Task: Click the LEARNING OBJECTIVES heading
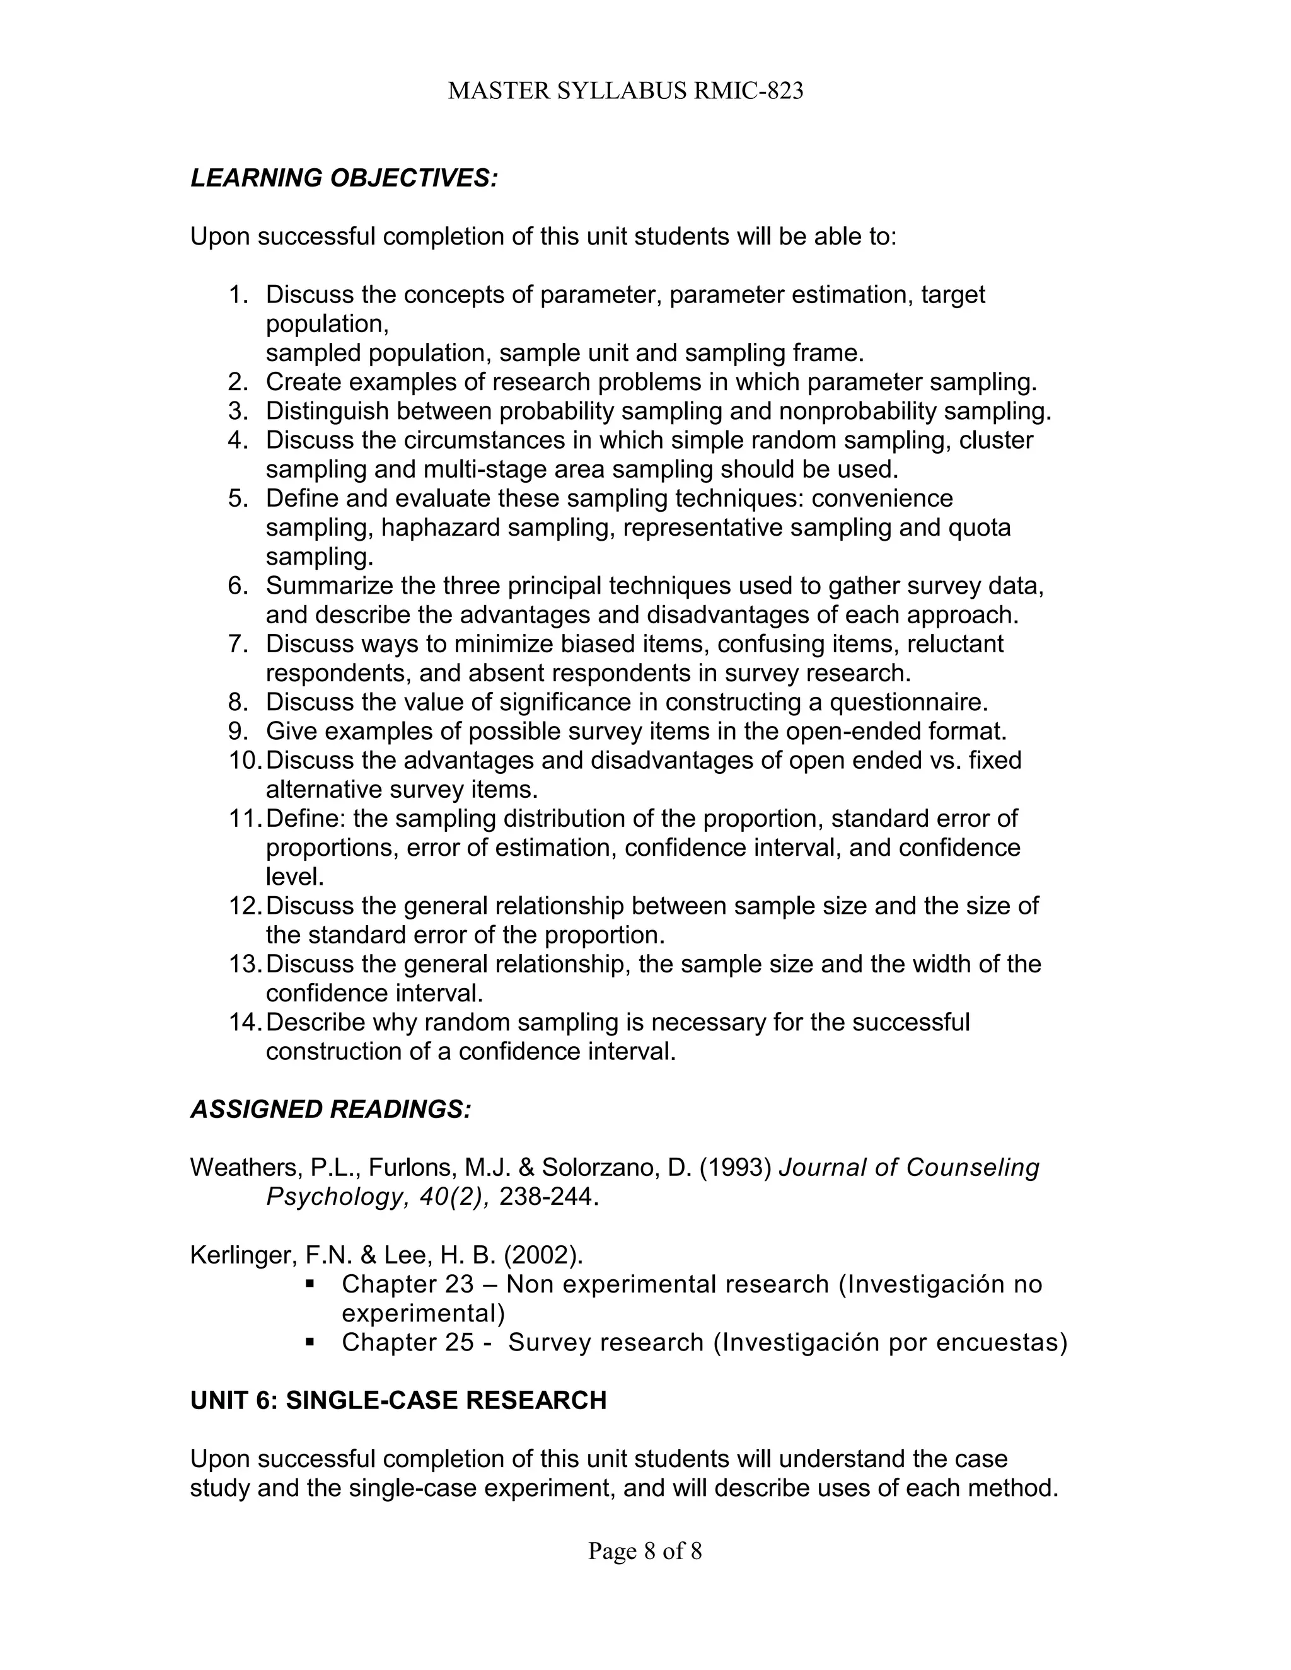(344, 178)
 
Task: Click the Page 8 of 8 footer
(645, 1551)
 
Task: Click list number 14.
(245, 1022)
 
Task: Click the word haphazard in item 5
(440, 527)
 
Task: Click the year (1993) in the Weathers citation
(735, 1168)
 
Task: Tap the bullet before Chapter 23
(310, 1283)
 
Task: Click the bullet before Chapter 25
(310, 1341)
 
